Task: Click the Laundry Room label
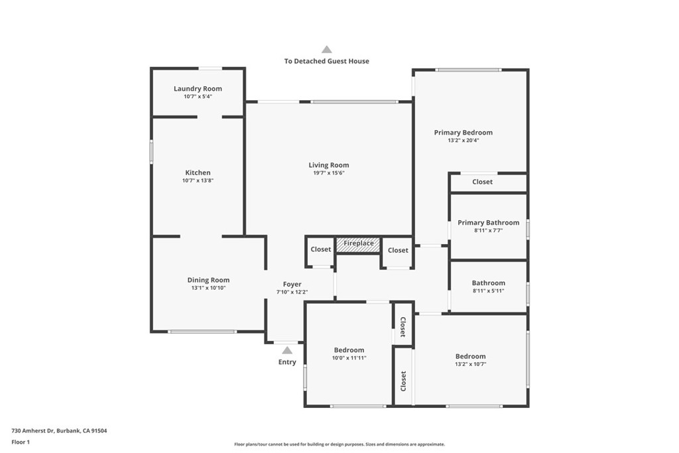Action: point(198,89)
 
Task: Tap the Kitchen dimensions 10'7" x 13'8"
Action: point(198,180)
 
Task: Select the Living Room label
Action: point(329,165)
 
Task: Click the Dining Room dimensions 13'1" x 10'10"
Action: point(209,288)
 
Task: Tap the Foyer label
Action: point(292,285)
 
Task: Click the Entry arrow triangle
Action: point(287,350)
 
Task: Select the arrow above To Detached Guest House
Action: point(327,49)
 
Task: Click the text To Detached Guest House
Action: point(327,61)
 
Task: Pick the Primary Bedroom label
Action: point(463,133)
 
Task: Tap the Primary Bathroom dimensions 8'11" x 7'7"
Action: point(489,230)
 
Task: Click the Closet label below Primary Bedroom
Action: point(483,182)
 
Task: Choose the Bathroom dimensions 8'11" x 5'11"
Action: point(489,291)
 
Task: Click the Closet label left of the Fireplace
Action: point(321,249)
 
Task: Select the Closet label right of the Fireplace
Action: point(398,250)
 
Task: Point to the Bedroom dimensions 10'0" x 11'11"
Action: point(349,358)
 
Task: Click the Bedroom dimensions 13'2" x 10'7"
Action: point(471,364)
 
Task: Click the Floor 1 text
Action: point(21,442)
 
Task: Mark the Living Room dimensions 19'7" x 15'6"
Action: point(329,173)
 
